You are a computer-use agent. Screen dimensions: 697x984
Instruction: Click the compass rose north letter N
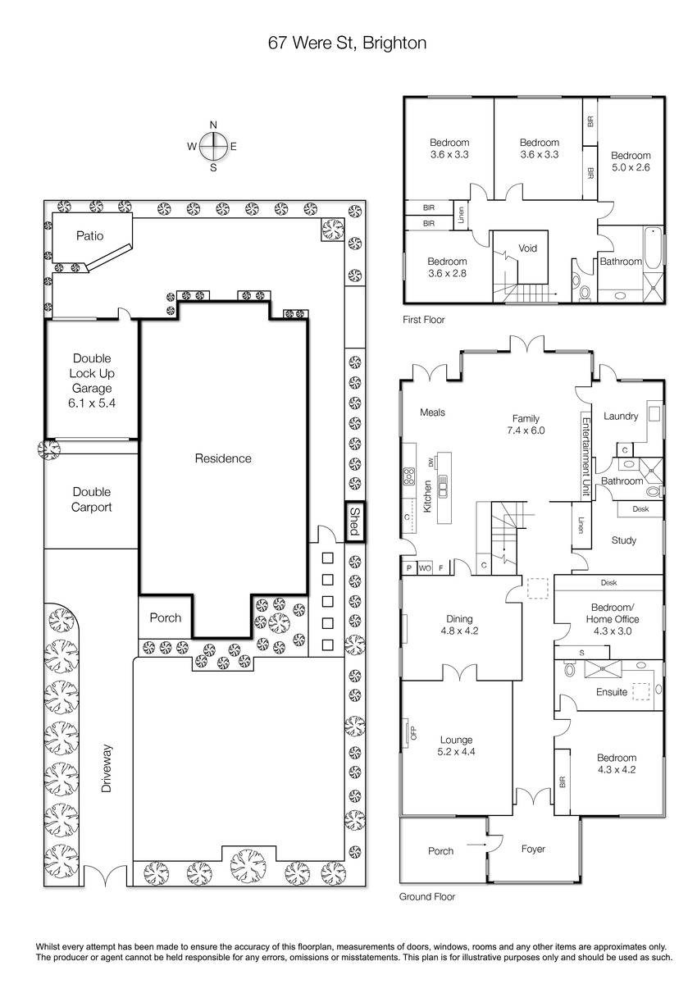pyautogui.click(x=213, y=125)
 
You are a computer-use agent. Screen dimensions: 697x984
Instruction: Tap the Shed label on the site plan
pyautogui.click(x=354, y=522)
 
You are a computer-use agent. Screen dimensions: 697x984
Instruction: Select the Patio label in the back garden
pyautogui.click(x=89, y=236)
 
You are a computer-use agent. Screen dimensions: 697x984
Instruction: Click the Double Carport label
pyautogui.click(x=91, y=499)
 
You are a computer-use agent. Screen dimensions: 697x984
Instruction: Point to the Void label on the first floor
pyautogui.click(x=527, y=248)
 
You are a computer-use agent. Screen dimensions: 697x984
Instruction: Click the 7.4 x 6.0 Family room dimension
pyautogui.click(x=526, y=430)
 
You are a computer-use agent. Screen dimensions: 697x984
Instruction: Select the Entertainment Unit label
pyautogui.click(x=585, y=457)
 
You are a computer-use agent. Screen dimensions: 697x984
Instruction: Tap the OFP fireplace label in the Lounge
pyautogui.click(x=412, y=733)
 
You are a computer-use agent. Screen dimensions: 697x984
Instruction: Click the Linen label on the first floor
pyautogui.click(x=461, y=215)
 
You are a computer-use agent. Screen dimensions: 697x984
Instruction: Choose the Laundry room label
pyautogui.click(x=621, y=416)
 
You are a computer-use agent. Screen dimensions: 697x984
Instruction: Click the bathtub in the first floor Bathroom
pyautogui.click(x=654, y=248)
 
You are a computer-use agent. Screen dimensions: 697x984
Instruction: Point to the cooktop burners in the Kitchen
pyautogui.click(x=409, y=476)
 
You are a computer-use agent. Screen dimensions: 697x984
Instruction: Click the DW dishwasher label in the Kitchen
pyautogui.click(x=430, y=462)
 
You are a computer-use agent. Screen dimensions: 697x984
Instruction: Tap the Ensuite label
pyautogui.click(x=612, y=692)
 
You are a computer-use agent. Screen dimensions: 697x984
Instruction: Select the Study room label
pyautogui.click(x=624, y=540)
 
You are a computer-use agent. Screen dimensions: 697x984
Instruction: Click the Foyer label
pyautogui.click(x=533, y=849)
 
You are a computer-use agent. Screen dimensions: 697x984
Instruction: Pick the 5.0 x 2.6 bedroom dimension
pyautogui.click(x=631, y=167)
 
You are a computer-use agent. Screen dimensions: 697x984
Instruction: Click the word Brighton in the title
pyautogui.click(x=395, y=43)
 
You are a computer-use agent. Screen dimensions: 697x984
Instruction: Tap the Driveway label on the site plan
pyautogui.click(x=107, y=768)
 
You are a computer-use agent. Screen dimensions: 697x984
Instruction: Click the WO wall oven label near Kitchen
pyautogui.click(x=425, y=568)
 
